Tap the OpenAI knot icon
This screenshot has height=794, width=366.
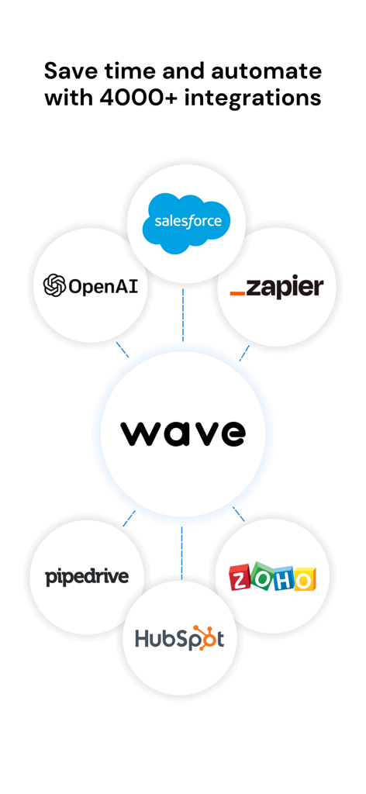point(54,285)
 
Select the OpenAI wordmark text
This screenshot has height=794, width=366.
point(103,286)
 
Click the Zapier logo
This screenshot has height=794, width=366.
point(276,288)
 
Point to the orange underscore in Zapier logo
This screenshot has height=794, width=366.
point(238,294)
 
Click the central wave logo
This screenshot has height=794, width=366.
point(183,433)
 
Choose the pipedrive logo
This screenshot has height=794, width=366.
point(87,577)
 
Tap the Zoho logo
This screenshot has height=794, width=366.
point(272,578)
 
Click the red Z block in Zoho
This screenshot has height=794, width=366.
point(240,578)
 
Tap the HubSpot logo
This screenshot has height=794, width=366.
point(179,637)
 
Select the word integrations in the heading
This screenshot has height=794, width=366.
point(253,98)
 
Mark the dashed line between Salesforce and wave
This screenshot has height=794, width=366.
point(183,315)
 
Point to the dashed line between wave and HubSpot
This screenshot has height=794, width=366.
point(181,552)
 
